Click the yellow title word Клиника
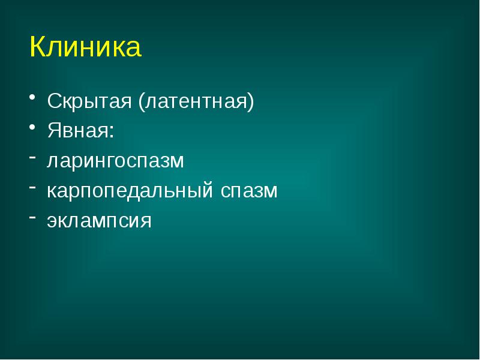(x=85, y=47)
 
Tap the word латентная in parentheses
(x=196, y=101)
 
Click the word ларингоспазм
(x=116, y=161)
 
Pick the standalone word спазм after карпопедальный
(x=248, y=191)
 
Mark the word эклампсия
(x=99, y=221)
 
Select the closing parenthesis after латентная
(x=251, y=101)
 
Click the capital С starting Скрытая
(x=54, y=100)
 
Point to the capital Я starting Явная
(x=53, y=130)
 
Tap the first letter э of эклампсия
(x=52, y=222)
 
